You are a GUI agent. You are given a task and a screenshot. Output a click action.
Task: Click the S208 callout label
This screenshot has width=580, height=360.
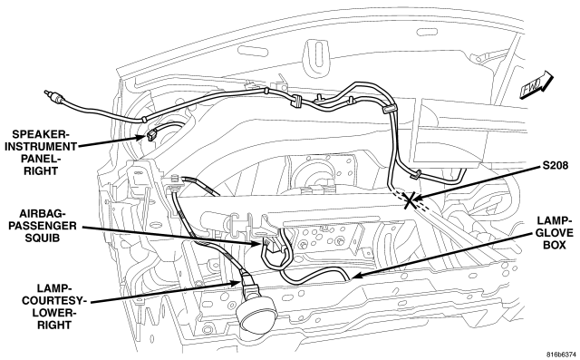click(x=556, y=165)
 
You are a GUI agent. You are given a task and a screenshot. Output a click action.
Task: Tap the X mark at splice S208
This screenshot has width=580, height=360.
click(x=410, y=200)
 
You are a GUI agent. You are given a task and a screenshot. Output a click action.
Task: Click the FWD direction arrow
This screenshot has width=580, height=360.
click(x=536, y=86)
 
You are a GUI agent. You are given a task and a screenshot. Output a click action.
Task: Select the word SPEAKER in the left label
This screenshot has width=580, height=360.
click(x=40, y=134)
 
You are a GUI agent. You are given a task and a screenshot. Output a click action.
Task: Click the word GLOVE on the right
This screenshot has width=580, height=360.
click(x=554, y=233)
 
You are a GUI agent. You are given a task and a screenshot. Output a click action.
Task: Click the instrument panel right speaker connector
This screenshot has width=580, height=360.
click(x=152, y=135)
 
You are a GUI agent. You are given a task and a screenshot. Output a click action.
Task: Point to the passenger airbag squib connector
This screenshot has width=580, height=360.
click(x=272, y=246)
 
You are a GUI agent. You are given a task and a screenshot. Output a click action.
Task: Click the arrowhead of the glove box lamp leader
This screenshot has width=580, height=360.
click(x=354, y=276)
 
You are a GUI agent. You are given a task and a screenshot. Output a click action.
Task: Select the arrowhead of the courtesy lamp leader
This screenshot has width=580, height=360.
click(x=236, y=284)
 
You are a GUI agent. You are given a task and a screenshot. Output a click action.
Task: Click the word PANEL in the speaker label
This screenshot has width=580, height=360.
click(x=40, y=159)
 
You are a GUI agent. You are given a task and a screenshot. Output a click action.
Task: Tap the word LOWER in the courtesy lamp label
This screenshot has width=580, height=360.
click(x=54, y=313)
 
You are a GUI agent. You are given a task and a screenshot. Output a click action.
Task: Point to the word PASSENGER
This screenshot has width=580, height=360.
click(x=43, y=225)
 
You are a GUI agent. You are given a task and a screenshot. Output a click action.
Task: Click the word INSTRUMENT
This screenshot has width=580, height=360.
click(x=40, y=146)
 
